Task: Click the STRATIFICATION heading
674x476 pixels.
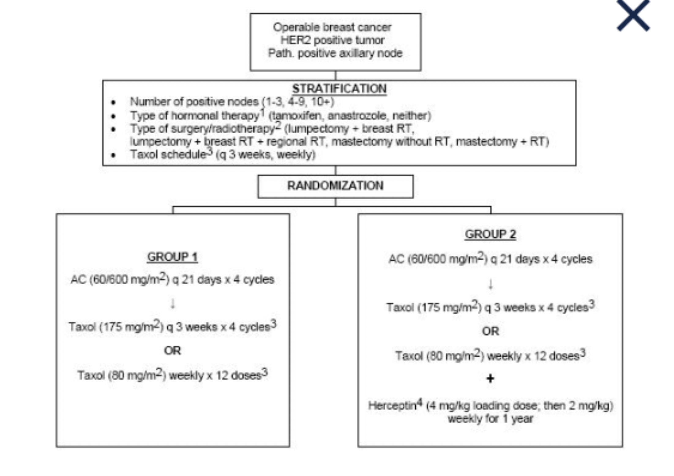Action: [x=339, y=89]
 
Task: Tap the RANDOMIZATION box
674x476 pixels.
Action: [x=335, y=186]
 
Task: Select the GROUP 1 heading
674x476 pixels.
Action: [x=172, y=257]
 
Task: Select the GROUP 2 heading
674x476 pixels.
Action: [x=490, y=234]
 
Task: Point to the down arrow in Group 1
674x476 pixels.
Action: [x=173, y=304]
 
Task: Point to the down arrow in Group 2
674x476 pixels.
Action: [x=490, y=284]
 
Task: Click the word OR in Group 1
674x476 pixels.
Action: [x=172, y=350]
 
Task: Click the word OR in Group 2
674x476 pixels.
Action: [x=490, y=331]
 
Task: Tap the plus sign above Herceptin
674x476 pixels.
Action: [x=490, y=379]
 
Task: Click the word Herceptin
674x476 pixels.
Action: [x=392, y=406]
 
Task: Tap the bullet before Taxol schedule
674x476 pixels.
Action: [x=113, y=155]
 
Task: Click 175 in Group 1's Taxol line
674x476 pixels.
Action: [x=113, y=327]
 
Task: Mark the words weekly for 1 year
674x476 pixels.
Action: [x=490, y=419]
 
